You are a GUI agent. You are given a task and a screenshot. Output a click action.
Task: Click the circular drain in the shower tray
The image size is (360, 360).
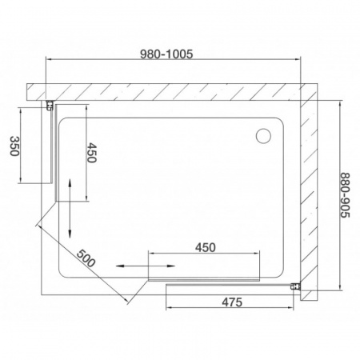click(263, 137)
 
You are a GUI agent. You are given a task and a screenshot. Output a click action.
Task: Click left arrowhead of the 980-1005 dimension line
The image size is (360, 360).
click(46, 62)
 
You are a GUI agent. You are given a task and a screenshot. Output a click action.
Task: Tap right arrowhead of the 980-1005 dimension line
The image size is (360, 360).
click(301, 62)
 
